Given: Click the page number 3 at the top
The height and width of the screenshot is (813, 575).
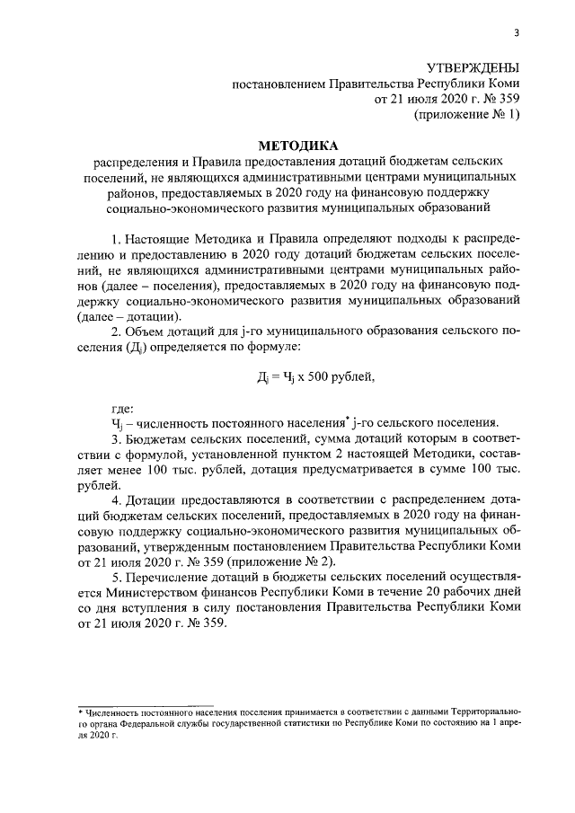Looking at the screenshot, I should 516,34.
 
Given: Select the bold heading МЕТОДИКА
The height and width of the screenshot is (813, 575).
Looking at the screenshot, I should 295,145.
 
